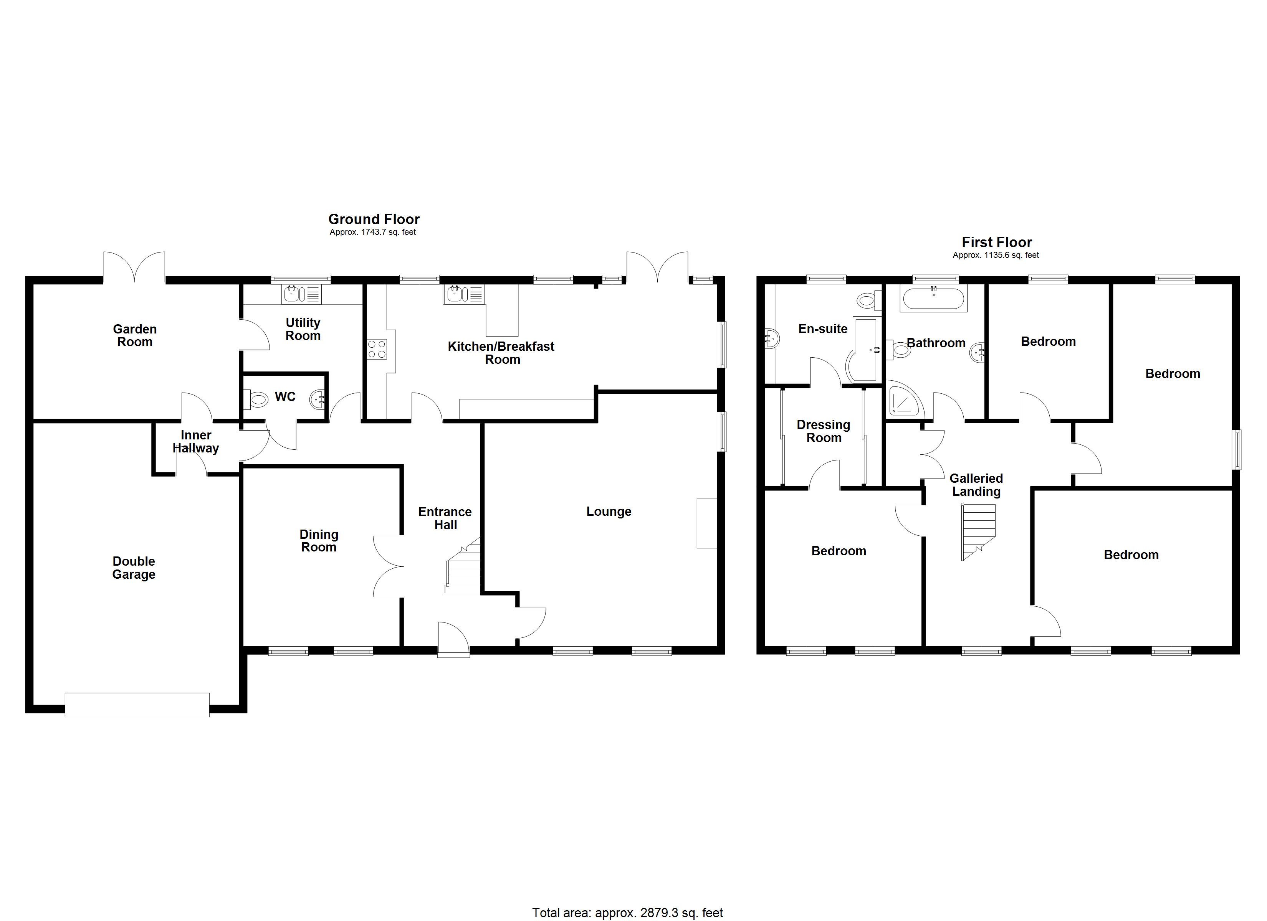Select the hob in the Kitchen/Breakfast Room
tap(377, 349)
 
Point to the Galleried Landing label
tap(976, 485)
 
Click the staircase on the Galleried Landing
tap(978, 531)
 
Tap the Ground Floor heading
tap(374, 219)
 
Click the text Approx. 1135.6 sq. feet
tap(996, 255)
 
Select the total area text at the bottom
tap(627, 913)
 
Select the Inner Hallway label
tap(195, 441)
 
